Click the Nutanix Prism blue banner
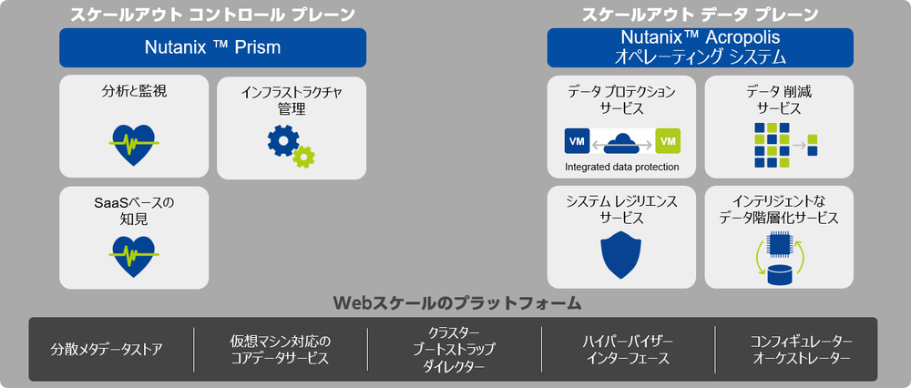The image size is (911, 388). (212, 47)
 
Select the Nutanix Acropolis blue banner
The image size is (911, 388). (700, 47)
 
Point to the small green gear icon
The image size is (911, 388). (304, 156)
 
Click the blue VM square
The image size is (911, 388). (576, 141)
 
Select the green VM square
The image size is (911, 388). (668, 141)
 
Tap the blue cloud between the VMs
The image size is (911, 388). (622, 141)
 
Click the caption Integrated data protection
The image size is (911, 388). (622, 167)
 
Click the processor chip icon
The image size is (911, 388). (779, 243)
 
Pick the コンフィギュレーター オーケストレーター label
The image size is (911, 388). (801, 349)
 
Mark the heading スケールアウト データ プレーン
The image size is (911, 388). (700, 15)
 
